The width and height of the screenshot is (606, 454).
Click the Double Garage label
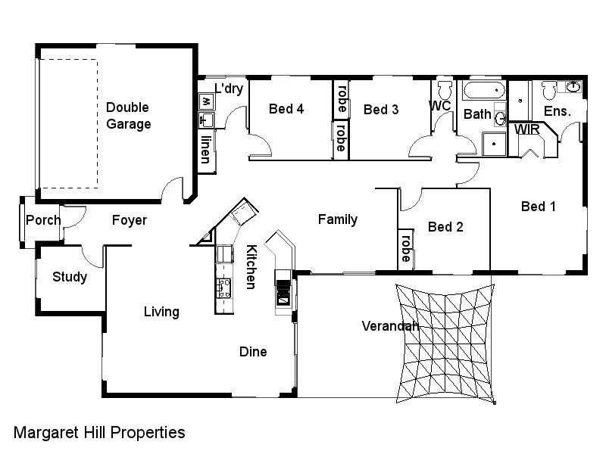click(127, 116)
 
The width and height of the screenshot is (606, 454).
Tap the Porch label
click(43, 221)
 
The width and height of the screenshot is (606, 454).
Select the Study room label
click(70, 277)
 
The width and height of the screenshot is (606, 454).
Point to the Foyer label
click(130, 221)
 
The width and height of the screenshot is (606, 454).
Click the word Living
click(161, 312)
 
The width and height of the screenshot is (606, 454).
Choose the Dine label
click(253, 352)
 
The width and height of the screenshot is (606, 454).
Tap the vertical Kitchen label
click(250, 266)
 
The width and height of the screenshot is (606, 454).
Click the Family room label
click(337, 220)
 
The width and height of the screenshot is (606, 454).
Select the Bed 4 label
click(286, 109)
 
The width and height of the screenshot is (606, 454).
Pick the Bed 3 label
click(381, 110)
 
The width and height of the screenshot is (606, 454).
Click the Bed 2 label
click(445, 226)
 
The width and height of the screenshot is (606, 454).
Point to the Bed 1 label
click(539, 206)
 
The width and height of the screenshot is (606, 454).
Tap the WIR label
click(527, 129)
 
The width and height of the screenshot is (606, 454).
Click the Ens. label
click(558, 111)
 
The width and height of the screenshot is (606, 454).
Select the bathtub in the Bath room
click(484, 92)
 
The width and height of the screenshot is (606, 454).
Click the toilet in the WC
click(444, 89)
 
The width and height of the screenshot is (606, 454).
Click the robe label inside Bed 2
click(406, 248)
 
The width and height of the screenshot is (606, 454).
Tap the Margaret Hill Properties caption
click(99, 433)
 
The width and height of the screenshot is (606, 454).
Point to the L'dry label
click(228, 89)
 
